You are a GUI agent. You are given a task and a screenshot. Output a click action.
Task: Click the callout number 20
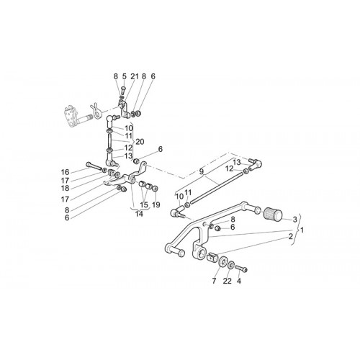[x=140, y=142]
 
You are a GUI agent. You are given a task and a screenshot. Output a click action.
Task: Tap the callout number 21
[x=135, y=76]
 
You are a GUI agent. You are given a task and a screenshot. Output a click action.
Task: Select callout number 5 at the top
[x=124, y=76]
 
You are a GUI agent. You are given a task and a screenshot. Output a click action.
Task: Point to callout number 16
[x=65, y=172]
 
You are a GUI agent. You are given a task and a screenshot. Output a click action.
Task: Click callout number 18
[x=65, y=188]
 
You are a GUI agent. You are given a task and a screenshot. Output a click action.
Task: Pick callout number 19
[x=156, y=204]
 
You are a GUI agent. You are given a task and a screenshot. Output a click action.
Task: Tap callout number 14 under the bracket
[x=139, y=214]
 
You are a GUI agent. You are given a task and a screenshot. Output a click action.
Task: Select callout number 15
[x=144, y=204]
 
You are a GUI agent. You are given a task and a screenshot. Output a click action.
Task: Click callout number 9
[x=201, y=171]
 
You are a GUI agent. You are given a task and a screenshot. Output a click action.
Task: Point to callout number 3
[x=294, y=219]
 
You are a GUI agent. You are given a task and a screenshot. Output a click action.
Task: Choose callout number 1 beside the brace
[x=302, y=230]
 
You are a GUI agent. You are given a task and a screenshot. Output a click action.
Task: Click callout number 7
[x=214, y=281]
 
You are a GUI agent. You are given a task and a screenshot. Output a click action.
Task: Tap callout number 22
[x=227, y=281]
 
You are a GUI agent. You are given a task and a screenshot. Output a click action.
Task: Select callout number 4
[x=238, y=281]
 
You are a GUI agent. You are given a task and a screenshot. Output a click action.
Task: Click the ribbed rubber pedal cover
[x=273, y=215]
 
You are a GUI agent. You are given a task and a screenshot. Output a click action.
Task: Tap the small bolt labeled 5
[x=124, y=91]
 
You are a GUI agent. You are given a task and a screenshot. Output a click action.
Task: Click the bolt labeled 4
[x=241, y=269]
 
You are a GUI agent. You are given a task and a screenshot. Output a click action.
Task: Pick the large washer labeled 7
[x=223, y=261]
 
